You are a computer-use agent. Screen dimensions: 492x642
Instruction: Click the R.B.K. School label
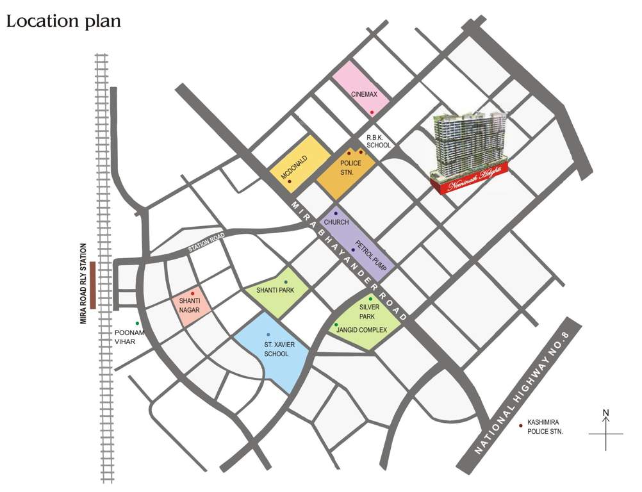378,142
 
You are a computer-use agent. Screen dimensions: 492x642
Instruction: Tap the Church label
336,222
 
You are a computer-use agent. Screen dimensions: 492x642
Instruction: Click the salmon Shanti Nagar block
190,305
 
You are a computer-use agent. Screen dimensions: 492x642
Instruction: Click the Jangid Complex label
362,329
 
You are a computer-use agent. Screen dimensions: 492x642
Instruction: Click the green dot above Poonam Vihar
136,324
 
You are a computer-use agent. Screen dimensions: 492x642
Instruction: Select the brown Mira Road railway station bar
94,286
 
